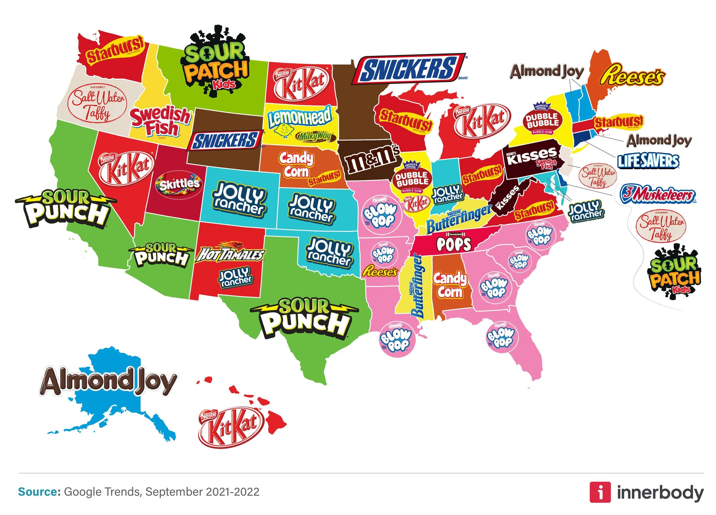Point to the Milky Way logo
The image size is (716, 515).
pos(315,136)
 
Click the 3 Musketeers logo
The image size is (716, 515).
pos(657,194)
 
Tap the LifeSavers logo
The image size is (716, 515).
pos(648,161)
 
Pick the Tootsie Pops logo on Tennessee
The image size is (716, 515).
pos(454,244)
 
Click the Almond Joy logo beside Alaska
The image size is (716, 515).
pos(108,381)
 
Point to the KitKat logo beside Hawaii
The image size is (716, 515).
pos(231,427)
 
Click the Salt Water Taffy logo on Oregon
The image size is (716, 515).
pos(97,104)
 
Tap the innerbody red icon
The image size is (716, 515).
pos(600,492)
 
